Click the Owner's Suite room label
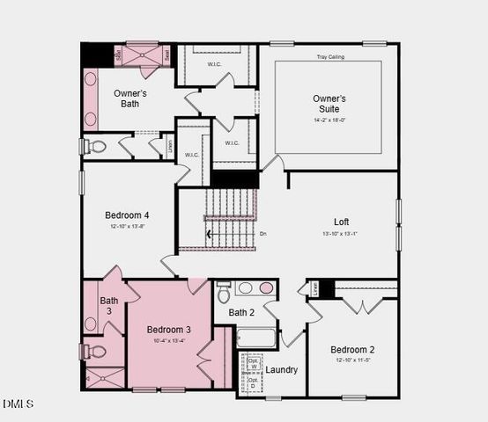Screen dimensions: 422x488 [329, 104]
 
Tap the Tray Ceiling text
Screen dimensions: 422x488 [330, 57]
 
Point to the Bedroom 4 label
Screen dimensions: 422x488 [127, 215]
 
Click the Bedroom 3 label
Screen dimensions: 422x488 [168, 330]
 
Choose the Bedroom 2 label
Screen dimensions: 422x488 [351, 349]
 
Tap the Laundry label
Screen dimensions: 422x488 [282, 369]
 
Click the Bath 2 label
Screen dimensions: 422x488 [241, 312]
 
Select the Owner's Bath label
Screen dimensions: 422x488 [130, 98]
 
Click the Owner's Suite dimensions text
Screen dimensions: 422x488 [329, 120]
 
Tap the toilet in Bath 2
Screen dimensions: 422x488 [224, 290]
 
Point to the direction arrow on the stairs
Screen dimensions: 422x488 [209, 235]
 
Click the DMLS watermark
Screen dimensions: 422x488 [18, 404]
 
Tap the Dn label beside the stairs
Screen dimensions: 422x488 [262, 234]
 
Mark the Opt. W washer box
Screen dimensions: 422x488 [254, 364]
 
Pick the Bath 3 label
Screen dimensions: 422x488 [109, 306]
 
